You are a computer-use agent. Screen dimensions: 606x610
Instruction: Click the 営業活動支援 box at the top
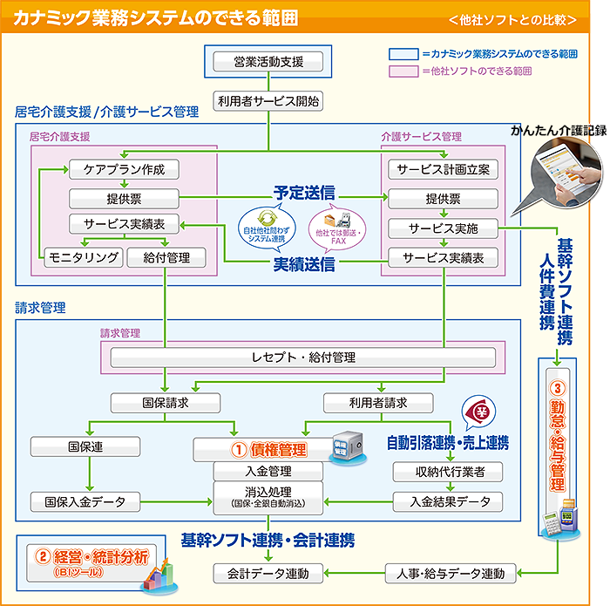pos(268,62)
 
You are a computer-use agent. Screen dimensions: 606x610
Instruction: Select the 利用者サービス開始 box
pos(268,101)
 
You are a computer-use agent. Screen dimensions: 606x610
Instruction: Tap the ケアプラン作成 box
pos(124,169)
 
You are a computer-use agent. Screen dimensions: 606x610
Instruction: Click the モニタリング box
pos(83,257)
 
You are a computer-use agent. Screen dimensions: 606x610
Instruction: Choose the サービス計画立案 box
pos(443,169)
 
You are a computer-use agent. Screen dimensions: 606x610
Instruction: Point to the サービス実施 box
pos(443,228)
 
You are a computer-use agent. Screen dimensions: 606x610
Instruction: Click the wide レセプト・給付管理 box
pos(302,357)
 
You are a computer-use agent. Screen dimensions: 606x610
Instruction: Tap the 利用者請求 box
pos(378,403)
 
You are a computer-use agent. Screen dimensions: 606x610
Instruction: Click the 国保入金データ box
pos(85,501)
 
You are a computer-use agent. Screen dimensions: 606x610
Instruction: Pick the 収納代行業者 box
pos(447,472)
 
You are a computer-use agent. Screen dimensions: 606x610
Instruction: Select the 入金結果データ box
pos(447,501)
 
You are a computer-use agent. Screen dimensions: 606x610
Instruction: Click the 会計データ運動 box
pos(268,573)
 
